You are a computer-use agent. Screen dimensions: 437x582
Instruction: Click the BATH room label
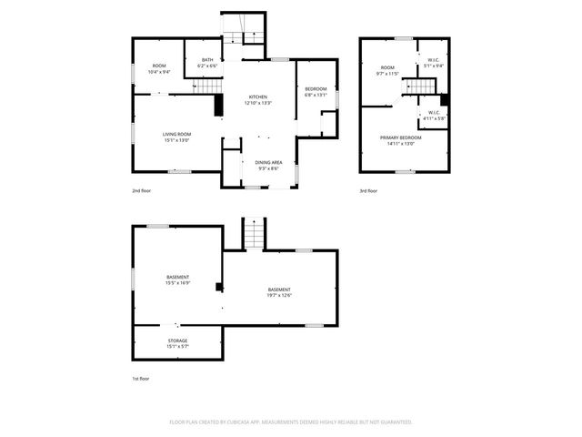207,60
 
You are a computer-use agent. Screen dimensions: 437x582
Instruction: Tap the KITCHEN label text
258,97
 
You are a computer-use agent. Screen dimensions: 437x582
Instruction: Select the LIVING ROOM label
176,135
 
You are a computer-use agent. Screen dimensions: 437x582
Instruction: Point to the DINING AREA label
268,162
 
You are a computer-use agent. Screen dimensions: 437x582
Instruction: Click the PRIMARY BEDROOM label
401,137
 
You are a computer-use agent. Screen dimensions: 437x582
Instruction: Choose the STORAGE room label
177,340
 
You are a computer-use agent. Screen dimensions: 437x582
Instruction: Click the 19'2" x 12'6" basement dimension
279,295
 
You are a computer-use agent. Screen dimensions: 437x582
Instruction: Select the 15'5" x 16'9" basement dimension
177,282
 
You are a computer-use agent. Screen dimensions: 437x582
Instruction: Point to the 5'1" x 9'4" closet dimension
433,66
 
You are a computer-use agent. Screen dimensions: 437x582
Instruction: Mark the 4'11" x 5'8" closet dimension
433,118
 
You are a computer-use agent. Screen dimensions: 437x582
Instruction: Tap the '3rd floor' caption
366,192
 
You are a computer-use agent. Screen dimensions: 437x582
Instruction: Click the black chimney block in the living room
219,106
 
